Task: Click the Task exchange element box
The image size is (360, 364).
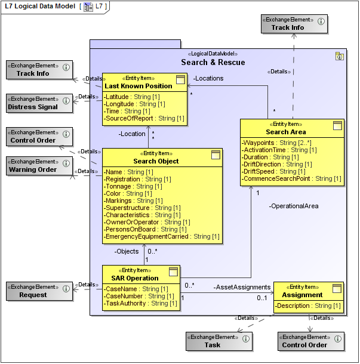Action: point(219,341)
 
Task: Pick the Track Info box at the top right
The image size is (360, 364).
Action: point(294,23)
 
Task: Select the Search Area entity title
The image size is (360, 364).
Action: point(286,131)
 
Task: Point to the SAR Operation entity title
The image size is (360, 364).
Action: point(134,278)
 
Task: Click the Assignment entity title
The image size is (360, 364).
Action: point(302,295)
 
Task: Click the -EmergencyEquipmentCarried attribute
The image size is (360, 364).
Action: point(162,237)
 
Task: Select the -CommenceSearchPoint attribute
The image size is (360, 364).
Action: point(291,179)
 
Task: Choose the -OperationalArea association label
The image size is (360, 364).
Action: point(293,206)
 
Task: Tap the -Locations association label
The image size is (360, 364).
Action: point(208,78)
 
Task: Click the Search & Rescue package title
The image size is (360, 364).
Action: point(213,63)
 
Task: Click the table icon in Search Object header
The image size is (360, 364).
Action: point(216,155)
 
